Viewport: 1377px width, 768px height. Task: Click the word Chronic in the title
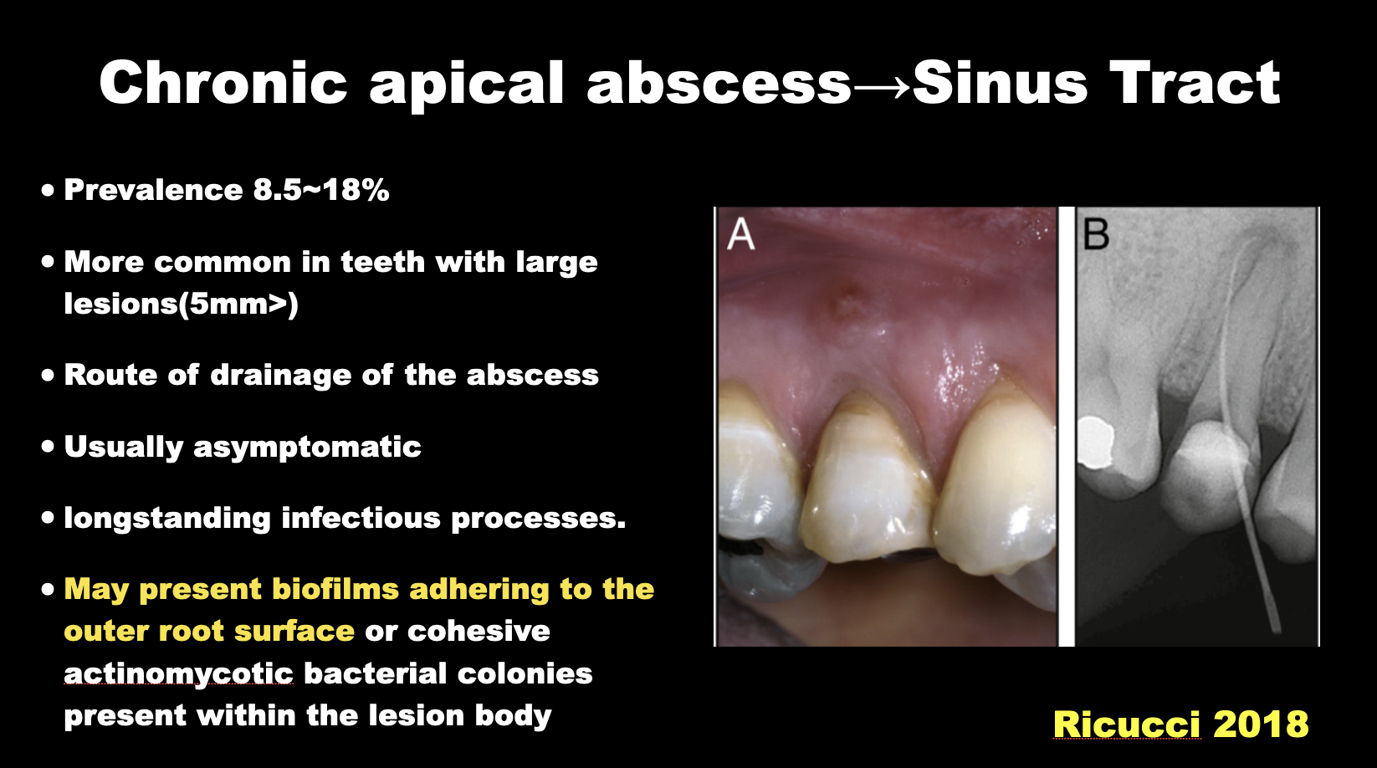click(x=223, y=83)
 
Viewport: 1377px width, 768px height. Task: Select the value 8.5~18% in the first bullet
click(x=321, y=190)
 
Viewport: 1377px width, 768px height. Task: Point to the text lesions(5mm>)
click(x=181, y=304)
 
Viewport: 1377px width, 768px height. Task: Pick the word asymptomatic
click(x=307, y=448)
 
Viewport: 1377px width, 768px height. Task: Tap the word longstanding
click(x=167, y=519)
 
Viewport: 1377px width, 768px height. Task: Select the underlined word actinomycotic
click(x=178, y=674)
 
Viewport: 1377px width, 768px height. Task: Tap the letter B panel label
click(x=1095, y=234)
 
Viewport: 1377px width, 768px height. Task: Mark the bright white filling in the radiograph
click(x=1096, y=442)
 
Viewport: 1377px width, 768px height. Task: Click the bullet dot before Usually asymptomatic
click(x=48, y=447)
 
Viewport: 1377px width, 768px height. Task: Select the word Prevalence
click(x=153, y=190)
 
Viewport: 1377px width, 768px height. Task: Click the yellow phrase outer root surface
click(x=209, y=632)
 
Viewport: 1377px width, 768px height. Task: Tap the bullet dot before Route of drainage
click(x=48, y=375)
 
